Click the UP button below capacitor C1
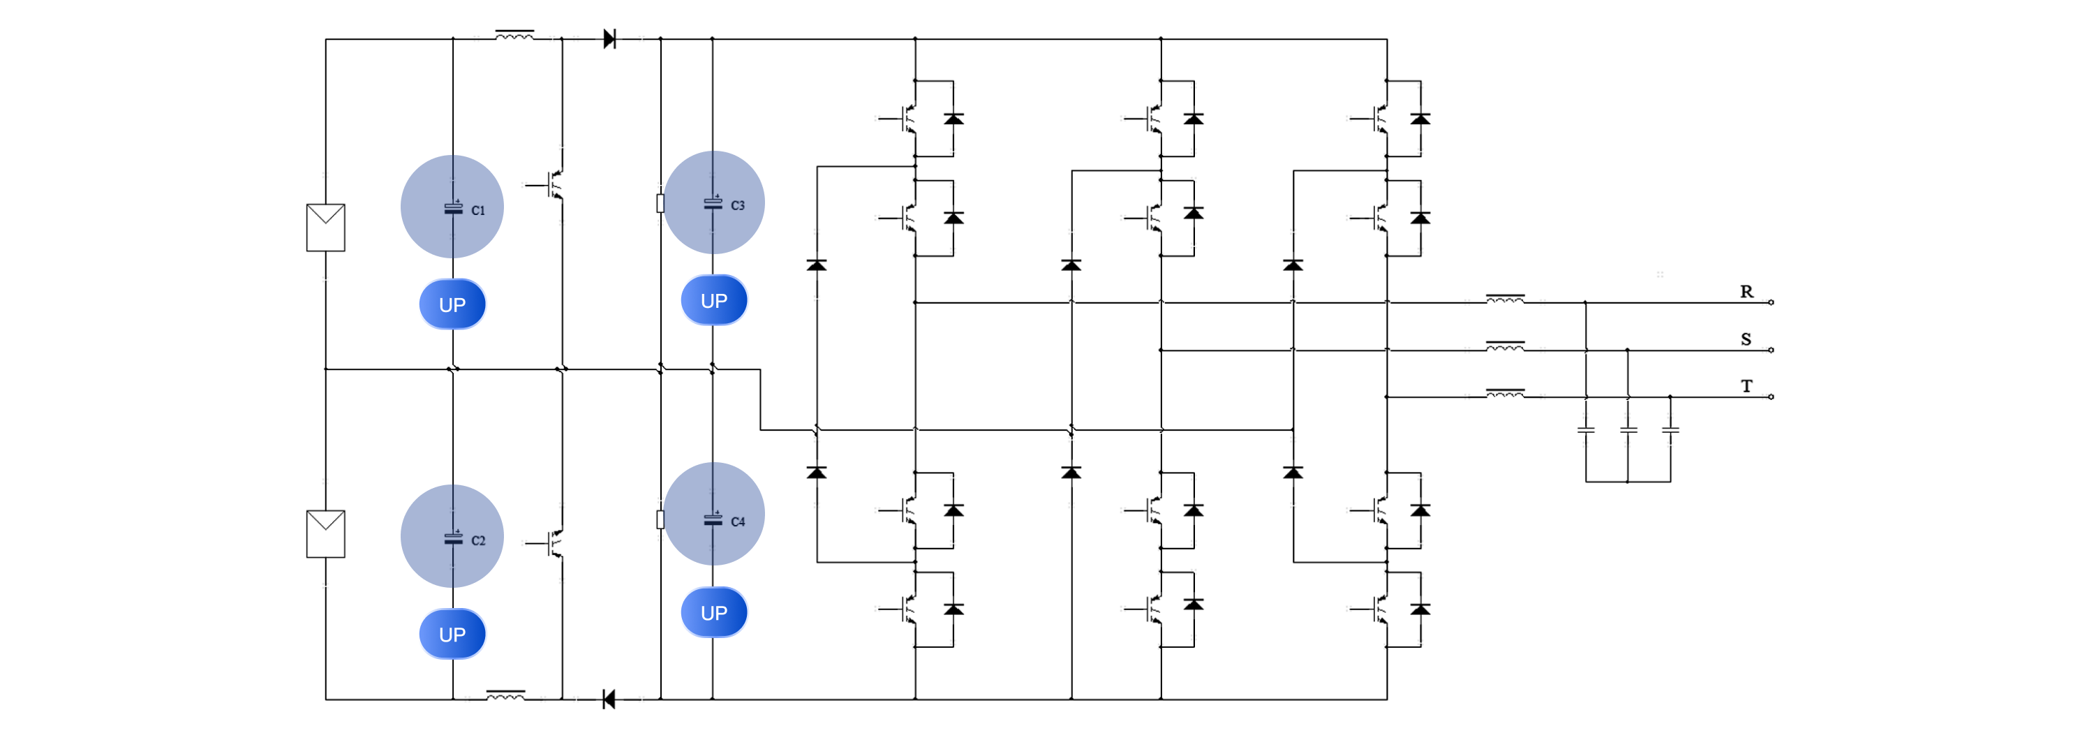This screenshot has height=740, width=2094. [x=452, y=304]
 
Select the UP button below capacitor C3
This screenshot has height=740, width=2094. [x=714, y=300]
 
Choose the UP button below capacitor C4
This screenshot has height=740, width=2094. [x=714, y=612]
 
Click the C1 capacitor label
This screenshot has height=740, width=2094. [x=478, y=211]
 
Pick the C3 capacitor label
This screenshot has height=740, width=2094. [x=737, y=206]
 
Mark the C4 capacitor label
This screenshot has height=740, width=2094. [x=737, y=522]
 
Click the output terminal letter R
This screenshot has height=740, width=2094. [x=1746, y=292]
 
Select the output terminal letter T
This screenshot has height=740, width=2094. [x=1746, y=386]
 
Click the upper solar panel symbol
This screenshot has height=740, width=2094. [x=325, y=228]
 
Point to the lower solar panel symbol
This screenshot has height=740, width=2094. [x=325, y=533]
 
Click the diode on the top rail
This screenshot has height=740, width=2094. [x=609, y=38]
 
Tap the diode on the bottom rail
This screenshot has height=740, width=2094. [x=609, y=699]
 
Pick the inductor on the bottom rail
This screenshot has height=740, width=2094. [x=505, y=695]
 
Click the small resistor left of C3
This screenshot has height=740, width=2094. [x=660, y=203]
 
